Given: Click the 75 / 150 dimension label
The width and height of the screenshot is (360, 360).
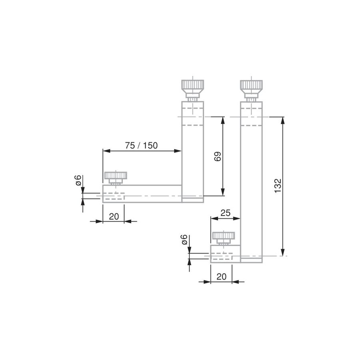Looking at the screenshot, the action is point(141,146).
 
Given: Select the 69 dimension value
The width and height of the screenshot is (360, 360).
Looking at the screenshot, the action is point(218,156).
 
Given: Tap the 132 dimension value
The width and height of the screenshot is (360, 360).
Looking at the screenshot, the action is point(278,186).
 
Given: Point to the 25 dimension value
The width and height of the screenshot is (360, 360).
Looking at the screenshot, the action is point(225,213).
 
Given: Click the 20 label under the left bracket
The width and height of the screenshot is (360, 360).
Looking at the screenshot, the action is point(114,216).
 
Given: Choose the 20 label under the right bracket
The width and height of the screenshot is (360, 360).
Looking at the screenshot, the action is point(221,277).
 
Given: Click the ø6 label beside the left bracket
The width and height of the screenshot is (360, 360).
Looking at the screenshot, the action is point(78,180).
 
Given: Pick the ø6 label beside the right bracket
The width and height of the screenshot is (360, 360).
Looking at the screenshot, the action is point(184,240).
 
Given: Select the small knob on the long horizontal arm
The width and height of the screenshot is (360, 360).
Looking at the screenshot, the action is point(116,178).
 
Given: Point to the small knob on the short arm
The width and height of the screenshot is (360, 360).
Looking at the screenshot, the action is point(223,238).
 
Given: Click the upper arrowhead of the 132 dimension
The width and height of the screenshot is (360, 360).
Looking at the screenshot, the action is point(283,120).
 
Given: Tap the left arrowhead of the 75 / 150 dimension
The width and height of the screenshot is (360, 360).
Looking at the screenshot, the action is point(106,151).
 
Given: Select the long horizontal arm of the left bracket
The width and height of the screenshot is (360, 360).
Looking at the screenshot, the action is point(142,194).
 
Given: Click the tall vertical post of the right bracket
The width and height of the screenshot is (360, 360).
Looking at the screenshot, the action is point(251,182).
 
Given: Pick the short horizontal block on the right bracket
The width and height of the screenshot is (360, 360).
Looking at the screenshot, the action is point(225,254).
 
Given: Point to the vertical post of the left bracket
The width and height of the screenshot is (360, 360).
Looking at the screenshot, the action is point(193,152).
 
